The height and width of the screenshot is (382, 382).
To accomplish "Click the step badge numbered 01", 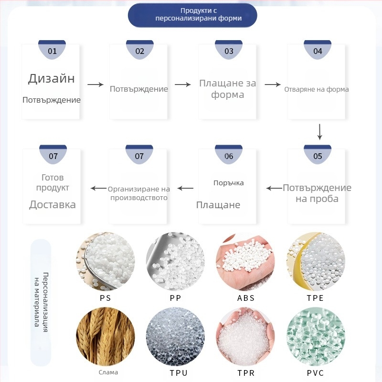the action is pos(52,50).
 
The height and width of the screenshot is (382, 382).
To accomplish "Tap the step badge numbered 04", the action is pos(318,50).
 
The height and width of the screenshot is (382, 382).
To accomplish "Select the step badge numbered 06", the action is pos(229,155).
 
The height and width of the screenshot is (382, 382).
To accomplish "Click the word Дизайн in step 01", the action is pos(52,78).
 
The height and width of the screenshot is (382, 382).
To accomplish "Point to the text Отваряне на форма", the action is pos(317,89).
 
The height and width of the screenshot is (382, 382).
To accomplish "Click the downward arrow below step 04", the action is pos(319,132).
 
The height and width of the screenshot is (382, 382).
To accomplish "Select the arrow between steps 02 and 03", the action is pos(183,85).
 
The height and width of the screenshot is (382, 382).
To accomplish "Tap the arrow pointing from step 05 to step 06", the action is pos(274,188).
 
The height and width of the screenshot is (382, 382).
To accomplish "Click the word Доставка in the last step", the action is pos(53,205).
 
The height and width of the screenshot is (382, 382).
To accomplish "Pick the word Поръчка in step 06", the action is pos(229,183).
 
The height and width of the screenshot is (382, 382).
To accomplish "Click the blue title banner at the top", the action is pos(192,15).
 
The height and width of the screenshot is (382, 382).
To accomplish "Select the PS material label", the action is pos(105,298).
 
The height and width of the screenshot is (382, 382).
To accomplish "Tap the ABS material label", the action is pos(246,298).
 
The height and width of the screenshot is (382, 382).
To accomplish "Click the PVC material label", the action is pos(316,373).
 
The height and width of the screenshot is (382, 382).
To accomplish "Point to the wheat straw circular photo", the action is pos(106,337).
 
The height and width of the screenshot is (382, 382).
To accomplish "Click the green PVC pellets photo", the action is pos(316,337).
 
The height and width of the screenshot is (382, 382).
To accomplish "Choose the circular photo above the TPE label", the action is pos(316,261).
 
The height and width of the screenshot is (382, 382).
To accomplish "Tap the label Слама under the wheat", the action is pos(108,372).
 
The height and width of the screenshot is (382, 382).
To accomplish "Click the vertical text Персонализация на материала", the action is pos(41,302).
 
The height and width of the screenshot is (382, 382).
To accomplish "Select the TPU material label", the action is pos(179,373).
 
